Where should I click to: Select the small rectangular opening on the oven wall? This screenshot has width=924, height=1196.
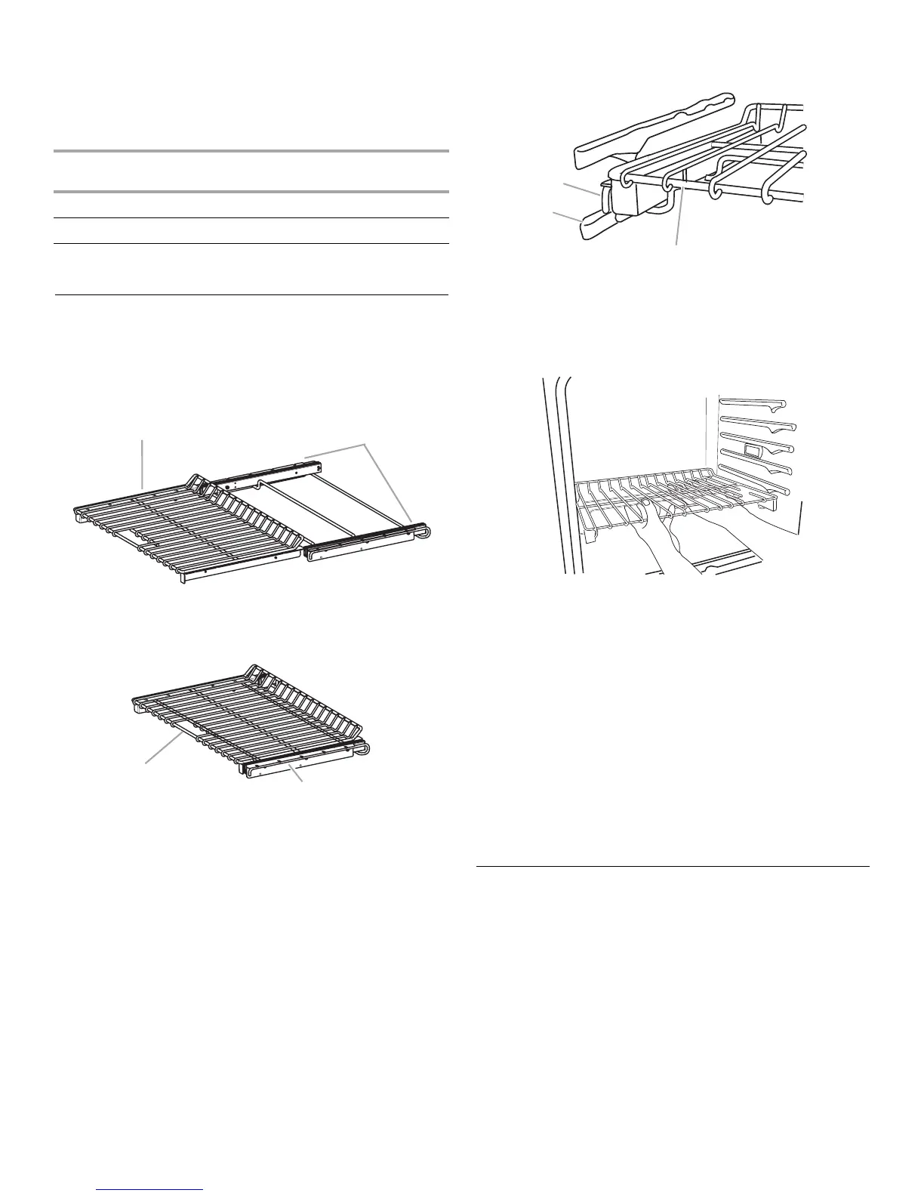coord(753,452)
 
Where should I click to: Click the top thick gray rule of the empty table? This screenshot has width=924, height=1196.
coord(252,152)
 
